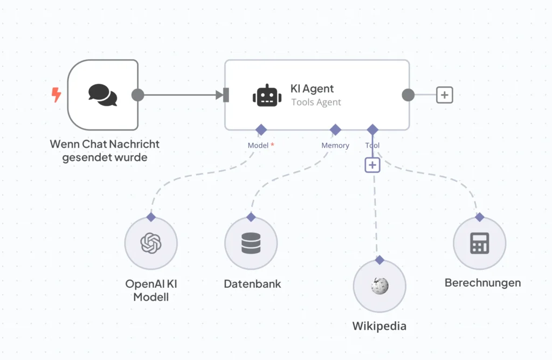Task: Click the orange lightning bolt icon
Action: pos(56,95)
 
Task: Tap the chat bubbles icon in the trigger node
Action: pos(102,95)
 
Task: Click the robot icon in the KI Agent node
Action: pos(267,95)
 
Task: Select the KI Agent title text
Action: pos(312,89)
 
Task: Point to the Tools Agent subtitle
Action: pos(316,102)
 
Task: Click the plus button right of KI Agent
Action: pos(444,95)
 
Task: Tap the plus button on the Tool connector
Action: pos(372,165)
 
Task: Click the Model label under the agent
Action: pos(258,146)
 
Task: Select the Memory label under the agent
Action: pos(335,146)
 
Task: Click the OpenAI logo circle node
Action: pos(151,243)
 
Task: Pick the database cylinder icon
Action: pos(251,243)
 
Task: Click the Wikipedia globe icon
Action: pos(379,286)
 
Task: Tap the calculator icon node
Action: pos(479,243)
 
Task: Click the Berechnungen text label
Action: pos(482,282)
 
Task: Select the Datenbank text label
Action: pos(252,283)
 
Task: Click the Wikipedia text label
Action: pos(379,326)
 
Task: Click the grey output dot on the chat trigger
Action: pos(138,95)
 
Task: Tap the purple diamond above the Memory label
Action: pos(335,129)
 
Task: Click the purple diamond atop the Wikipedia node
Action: pos(379,260)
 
